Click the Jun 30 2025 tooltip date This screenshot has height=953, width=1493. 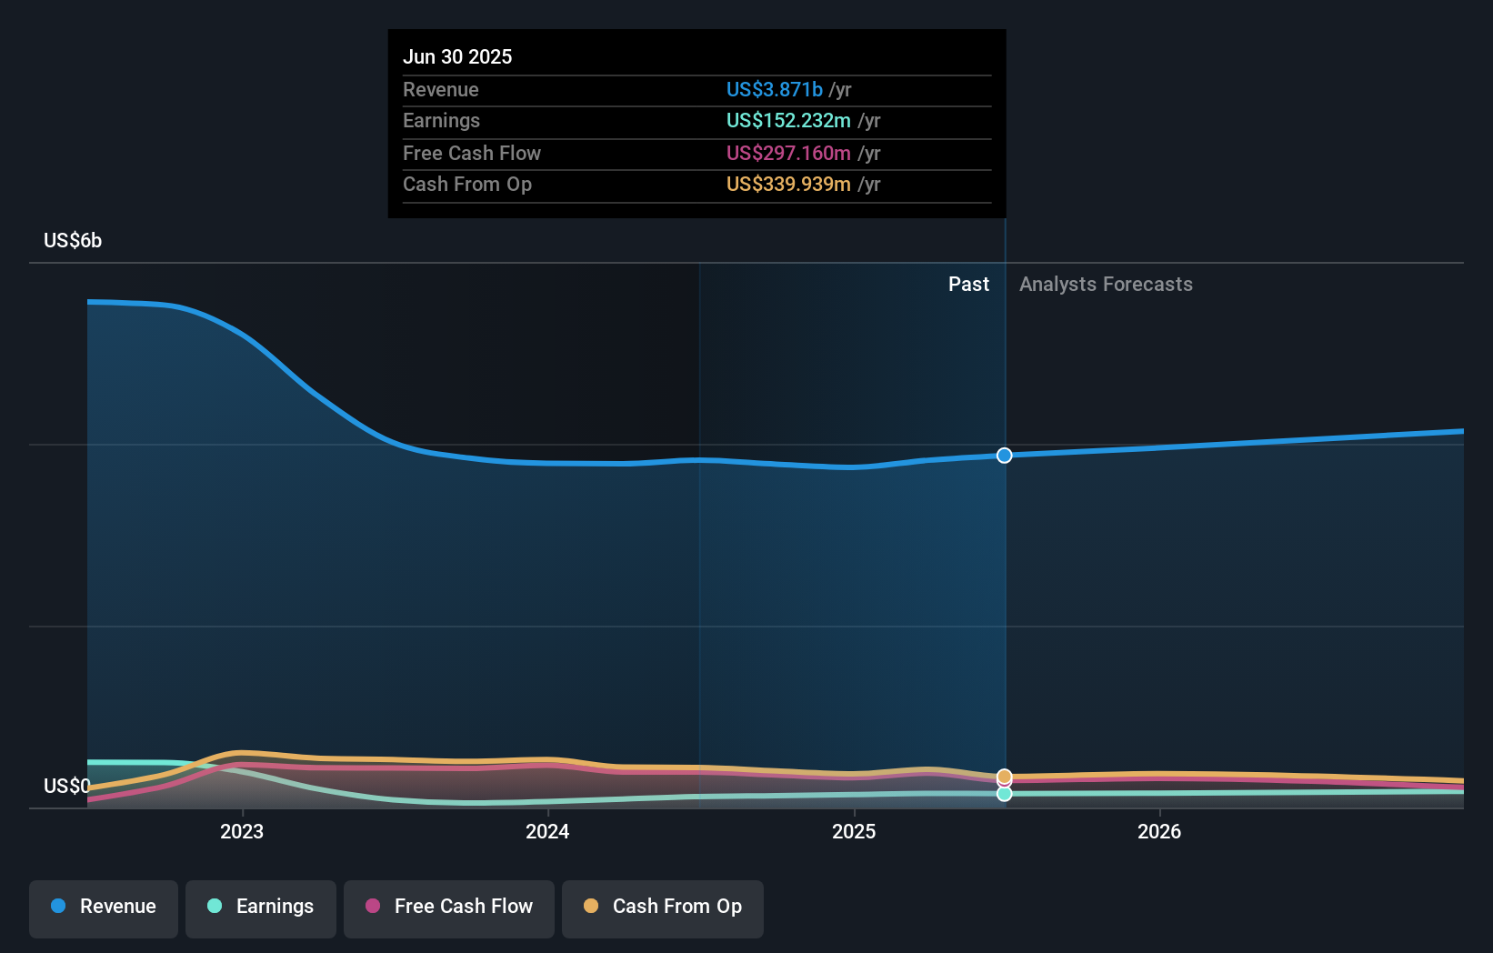[x=457, y=56]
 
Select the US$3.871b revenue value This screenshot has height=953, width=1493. [x=774, y=89]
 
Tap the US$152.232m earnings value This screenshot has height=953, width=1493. [x=788, y=120]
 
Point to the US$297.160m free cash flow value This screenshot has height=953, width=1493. [x=788, y=153]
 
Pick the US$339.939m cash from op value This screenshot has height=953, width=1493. [x=788, y=184]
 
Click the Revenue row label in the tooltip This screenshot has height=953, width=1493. [x=440, y=89]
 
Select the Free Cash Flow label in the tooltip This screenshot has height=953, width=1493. [x=471, y=153]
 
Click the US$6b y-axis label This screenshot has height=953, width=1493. [x=73, y=240]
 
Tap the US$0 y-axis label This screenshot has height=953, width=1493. [x=66, y=786]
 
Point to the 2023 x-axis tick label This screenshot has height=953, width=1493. [x=242, y=831]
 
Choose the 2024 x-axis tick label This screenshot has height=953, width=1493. [x=547, y=831]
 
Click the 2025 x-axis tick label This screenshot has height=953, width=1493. [x=854, y=831]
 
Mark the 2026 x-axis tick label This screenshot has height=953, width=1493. [x=1159, y=831]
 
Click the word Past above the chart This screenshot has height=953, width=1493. [x=968, y=284]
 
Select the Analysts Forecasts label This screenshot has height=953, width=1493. [x=1106, y=284]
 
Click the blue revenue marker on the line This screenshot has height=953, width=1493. [x=1004, y=455]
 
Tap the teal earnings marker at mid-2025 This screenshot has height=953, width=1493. [x=1004, y=794]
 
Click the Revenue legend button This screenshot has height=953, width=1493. [x=104, y=907]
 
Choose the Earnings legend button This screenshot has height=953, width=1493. [x=261, y=907]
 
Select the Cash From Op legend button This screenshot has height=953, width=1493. [x=663, y=907]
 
